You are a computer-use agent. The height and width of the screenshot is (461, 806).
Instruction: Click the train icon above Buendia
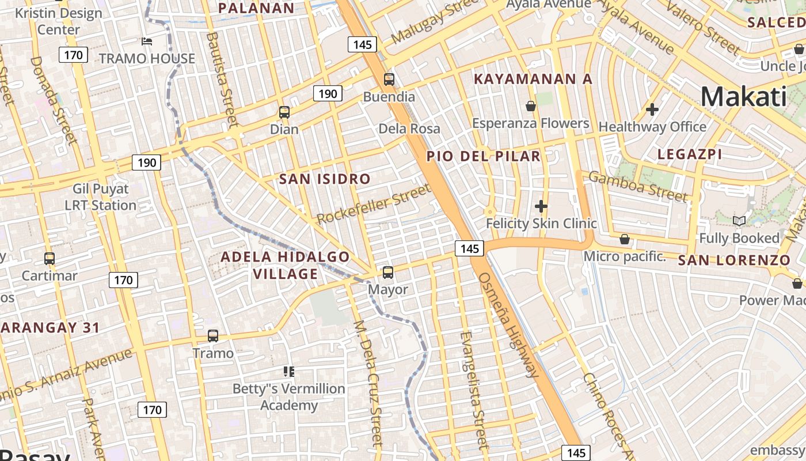pos(389,80)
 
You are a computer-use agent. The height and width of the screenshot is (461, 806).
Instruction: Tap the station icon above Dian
pos(284,112)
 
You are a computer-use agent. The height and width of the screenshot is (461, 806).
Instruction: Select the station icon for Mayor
pos(388,272)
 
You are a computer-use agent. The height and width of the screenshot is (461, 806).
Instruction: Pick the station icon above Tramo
pos(213,335)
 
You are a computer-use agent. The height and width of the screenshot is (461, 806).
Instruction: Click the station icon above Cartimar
pos(50,259)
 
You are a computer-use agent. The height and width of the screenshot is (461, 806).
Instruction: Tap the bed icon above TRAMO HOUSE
pos(147,41)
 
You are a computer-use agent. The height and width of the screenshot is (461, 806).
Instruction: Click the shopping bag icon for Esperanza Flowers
pos(531,106)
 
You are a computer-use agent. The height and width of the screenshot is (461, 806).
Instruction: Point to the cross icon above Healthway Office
pos(652,109)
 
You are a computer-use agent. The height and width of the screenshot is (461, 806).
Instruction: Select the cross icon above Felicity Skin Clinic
pos(541,206)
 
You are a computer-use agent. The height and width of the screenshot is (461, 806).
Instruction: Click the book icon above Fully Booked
pos(739,221)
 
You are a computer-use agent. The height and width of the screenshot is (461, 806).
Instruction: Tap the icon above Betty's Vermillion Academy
pos(289,372)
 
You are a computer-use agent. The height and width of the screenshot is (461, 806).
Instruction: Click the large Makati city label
pos(743,96)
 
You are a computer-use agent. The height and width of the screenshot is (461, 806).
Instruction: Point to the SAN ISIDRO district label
pos(325,179)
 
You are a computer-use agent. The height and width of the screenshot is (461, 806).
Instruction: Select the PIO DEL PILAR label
pos(484,156)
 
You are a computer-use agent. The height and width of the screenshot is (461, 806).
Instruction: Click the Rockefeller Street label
pos(374,204)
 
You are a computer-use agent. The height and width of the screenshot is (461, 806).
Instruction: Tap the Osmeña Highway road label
pos(508,324)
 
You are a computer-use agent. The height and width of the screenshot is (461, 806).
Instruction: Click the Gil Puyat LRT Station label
pos(100,197)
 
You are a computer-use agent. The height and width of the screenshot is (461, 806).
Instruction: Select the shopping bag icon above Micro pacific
pos(625,239)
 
